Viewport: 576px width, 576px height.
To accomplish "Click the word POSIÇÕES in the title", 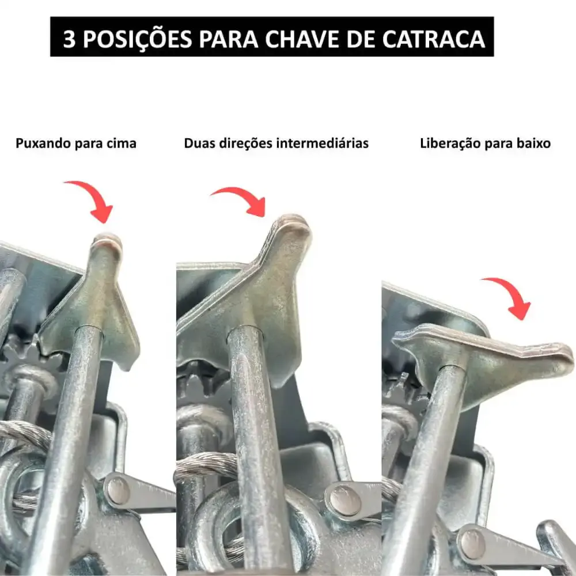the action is (x=138, y=38).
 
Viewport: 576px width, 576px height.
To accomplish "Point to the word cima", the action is (x=122, y=143).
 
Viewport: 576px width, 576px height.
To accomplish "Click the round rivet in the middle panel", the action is (x=344, y=499).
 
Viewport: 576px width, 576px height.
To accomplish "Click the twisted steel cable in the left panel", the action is (x=26, y=434).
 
